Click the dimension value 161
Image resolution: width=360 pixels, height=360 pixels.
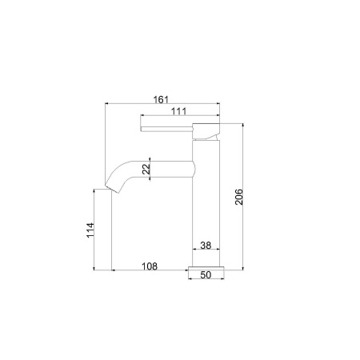pyautogui.click(x=160, y=99)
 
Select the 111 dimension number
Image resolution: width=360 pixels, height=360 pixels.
pyautogui.click(x=178, y=111)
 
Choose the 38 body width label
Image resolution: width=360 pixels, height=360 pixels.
pyautogui.click(x=205, y=246)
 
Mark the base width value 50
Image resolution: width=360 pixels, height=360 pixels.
pyautogui.click(x=205, y=275)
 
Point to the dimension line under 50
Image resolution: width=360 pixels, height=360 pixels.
pyautogui.click(x=205, y=281)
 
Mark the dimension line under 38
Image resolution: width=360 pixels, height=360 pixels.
pyautogui.click(x=205, y=252)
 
